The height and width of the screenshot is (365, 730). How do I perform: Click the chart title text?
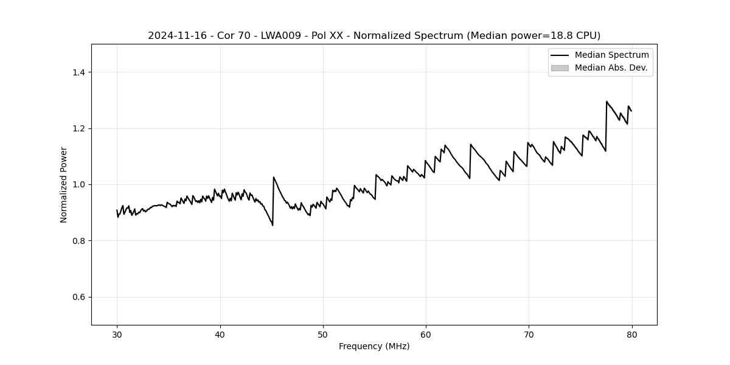374,35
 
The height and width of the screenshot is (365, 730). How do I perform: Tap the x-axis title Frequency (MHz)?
374,346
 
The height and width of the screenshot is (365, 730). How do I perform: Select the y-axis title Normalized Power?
64,184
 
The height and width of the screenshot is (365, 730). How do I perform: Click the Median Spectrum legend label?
611,55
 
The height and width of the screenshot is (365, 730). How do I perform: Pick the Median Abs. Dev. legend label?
611,68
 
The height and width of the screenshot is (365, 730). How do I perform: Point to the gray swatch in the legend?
560,68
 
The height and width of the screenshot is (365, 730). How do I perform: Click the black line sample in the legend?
560,55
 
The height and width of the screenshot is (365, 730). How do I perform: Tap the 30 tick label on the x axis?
117,334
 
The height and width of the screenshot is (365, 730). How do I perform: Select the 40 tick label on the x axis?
220,334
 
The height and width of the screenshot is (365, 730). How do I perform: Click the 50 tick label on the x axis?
323,334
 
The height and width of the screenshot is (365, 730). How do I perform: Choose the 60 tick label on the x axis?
426,334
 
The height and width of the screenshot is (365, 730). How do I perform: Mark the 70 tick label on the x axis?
529,334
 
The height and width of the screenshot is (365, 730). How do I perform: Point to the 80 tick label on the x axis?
631,334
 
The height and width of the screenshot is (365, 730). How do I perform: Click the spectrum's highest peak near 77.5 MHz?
607,102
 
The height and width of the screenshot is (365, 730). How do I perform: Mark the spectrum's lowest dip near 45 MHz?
273,225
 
